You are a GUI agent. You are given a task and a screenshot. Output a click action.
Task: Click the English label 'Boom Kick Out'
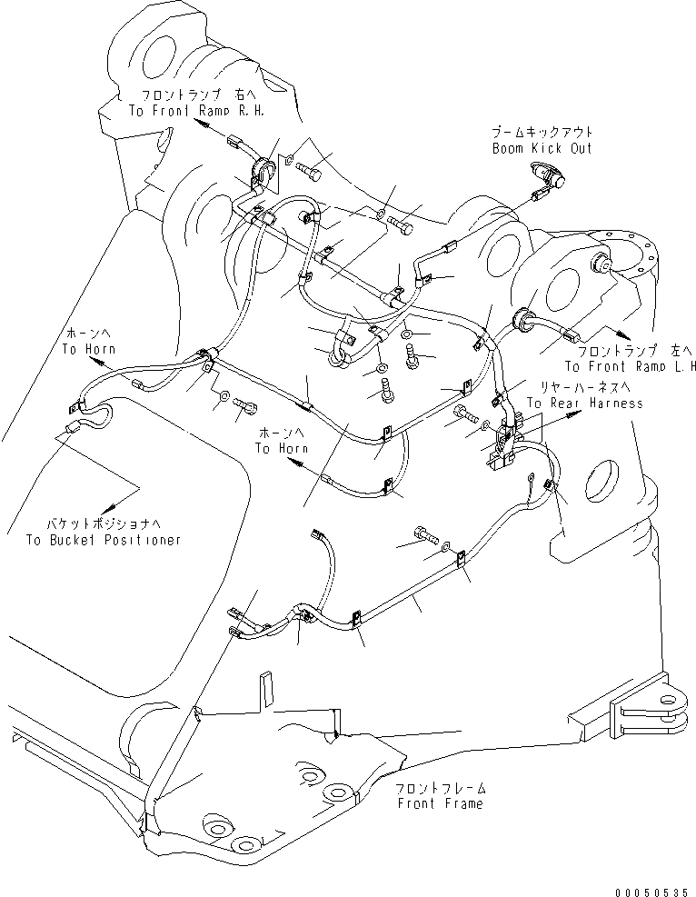(x=542, y=147)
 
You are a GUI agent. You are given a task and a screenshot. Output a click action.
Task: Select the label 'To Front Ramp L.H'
(x=630, y=366)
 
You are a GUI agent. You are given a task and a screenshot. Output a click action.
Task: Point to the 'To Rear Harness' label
(x=584, y=403)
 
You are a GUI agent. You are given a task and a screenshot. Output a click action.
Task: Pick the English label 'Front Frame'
(x=440, y=803)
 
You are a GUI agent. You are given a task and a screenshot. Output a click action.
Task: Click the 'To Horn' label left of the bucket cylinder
(x=83, y=348)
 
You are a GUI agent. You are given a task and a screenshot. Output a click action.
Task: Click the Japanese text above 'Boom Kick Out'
(x=542, y=133)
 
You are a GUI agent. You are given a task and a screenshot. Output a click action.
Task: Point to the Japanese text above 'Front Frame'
(x=440, y=789)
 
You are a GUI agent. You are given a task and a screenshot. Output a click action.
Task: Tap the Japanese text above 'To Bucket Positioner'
(x=104, y=524)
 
